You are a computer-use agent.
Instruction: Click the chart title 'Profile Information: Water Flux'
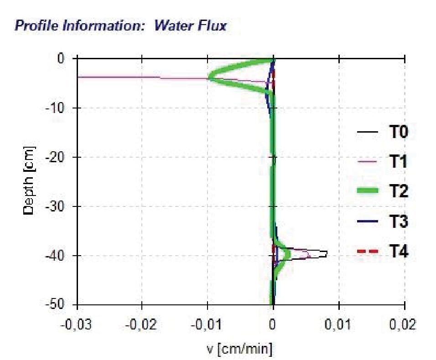120,26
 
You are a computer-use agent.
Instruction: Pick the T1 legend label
398,162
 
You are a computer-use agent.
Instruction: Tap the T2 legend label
398,192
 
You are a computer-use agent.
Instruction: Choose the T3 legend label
398,221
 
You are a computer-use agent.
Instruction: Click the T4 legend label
398,251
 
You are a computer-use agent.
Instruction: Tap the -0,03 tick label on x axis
77,325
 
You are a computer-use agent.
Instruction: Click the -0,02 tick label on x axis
142,325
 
